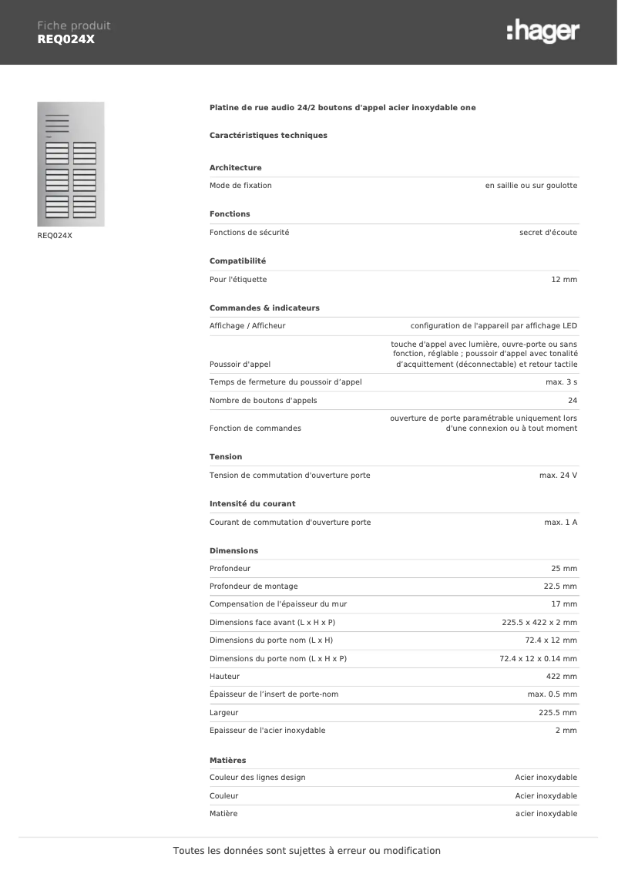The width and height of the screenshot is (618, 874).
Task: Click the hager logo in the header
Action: pos(543,32)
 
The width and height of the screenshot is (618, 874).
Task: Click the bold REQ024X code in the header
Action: pos(65,39)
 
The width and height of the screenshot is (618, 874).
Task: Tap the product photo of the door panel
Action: pos(71,163)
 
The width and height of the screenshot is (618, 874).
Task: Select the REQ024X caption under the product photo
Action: pos(55,236)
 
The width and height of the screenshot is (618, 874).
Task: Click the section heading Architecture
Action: pos(235,168)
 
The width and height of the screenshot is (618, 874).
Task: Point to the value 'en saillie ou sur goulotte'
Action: pos(531,186)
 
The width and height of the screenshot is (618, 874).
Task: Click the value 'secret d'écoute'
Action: pos(548,233)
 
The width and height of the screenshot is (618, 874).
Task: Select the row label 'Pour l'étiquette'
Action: pos(238,280)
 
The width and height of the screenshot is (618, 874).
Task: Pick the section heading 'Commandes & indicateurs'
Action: pos(264,308)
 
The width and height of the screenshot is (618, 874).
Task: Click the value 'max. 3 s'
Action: pos(561,382)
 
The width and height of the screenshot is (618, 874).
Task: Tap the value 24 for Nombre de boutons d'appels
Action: pos(573,401)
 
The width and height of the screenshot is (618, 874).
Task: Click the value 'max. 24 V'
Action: pos(558,476)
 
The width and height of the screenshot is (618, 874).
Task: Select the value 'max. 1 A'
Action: pos(561,523)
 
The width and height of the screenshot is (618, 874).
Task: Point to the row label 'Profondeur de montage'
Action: pos(254,587)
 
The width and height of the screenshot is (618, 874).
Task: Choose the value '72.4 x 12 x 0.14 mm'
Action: pos(538,659)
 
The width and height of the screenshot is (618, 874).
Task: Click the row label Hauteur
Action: pos(224,677)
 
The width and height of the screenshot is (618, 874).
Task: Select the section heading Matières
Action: pos(227,761)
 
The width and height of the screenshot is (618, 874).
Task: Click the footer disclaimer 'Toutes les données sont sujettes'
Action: pos(307,851)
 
